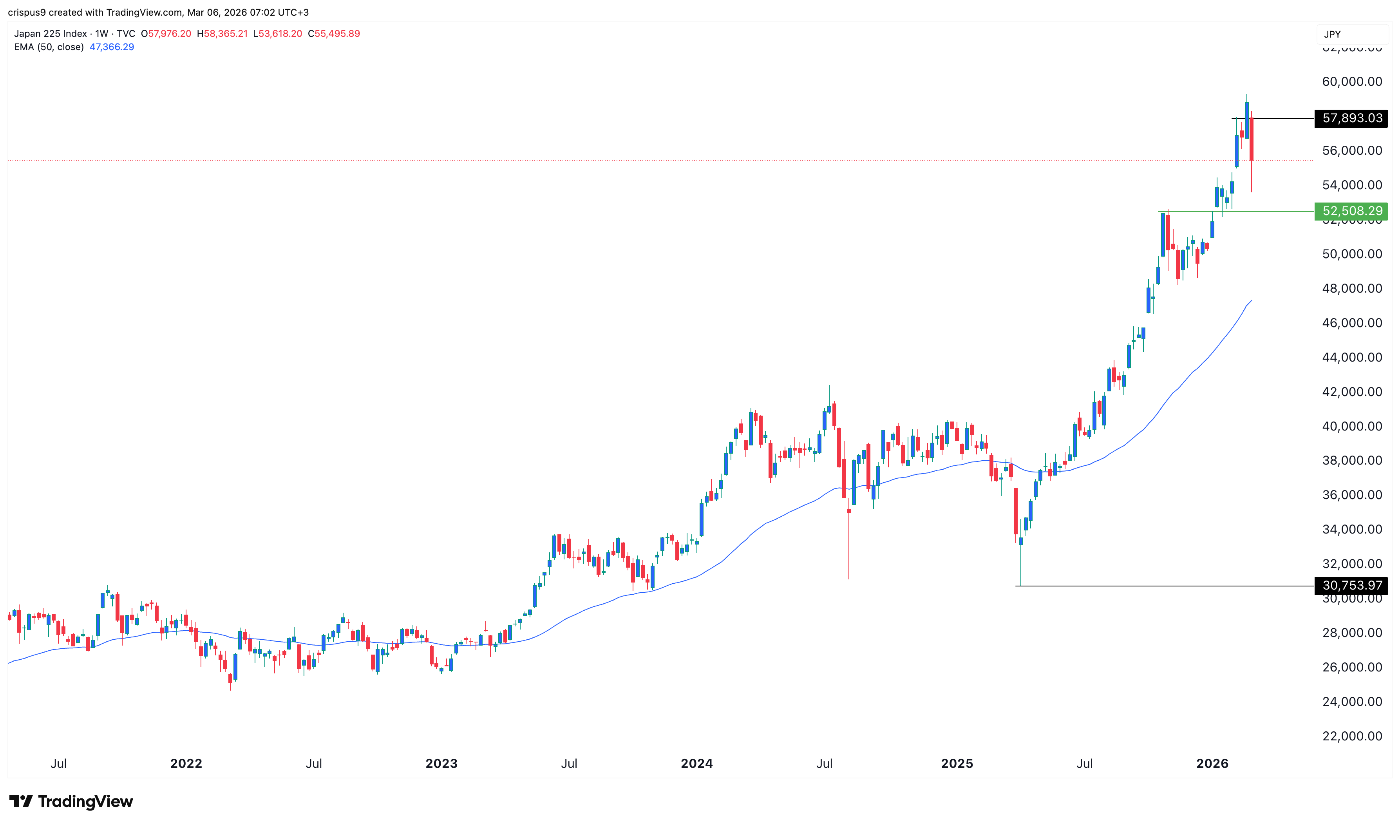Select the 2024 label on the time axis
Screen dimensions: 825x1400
click(x=696, y=763)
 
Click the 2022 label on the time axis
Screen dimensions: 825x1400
click(x=186, y=763)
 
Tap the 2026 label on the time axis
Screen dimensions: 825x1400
click(x=1212, y=763)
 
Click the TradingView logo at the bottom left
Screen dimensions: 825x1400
click(x=71, y=801)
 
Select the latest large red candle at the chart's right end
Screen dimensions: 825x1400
click(x=1251, y=139)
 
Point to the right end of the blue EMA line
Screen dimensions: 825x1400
click(x=1251, y=301)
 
